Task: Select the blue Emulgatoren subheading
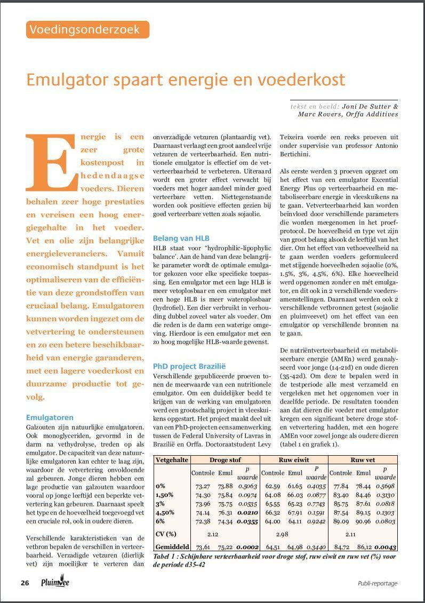point(50,417)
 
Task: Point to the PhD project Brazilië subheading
point(189,367)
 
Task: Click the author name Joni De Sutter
point(370,106)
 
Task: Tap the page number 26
point(25,583)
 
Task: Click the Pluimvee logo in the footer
point(55,582)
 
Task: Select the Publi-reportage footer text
point(378,583)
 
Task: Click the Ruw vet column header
point(363,459)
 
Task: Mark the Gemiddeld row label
point(172,546)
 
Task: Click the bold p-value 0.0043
point(384,546)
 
